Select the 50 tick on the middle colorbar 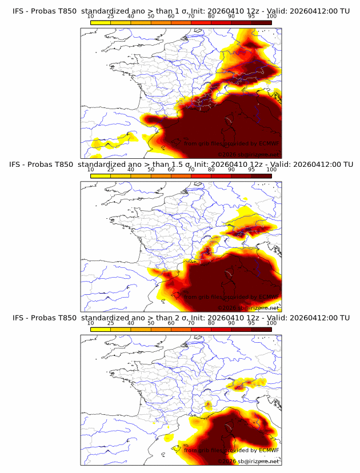pos(151,170)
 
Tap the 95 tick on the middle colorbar pos(251,170)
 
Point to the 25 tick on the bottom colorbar pos(111,323)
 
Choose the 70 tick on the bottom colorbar pos(191,323)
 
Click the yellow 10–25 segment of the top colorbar pos(101,22)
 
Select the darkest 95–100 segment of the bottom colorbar pos(261,330)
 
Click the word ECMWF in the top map pos(267,143)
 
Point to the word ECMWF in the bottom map pos(267,450)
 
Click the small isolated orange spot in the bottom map pos(208,404)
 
